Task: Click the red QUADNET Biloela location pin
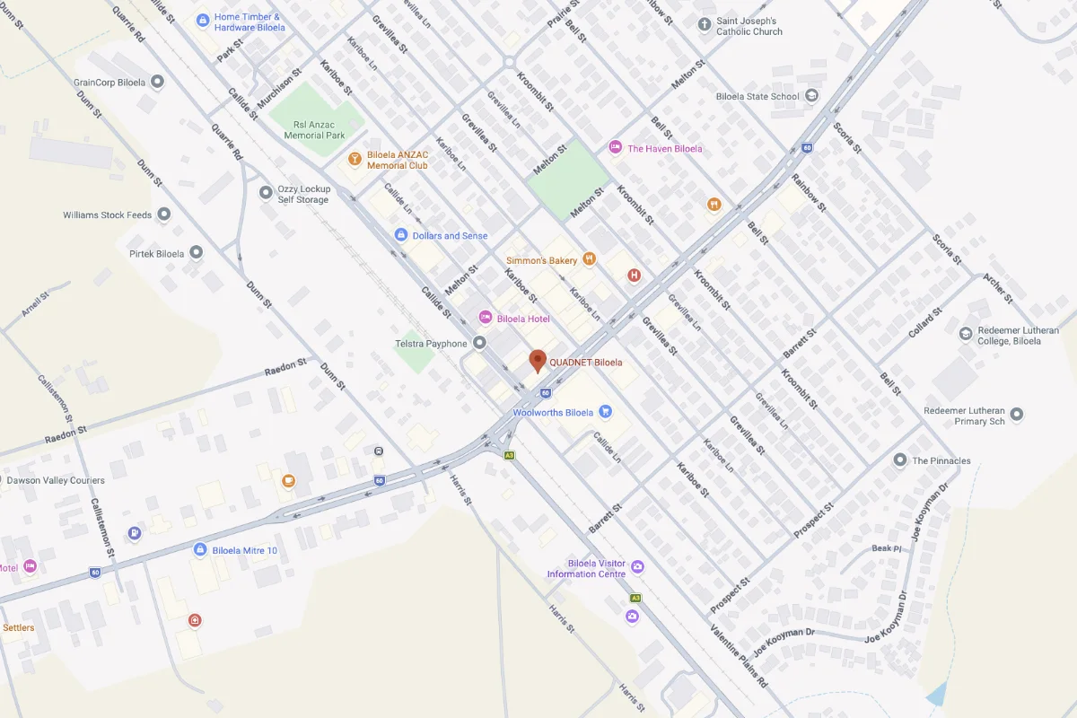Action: (538, 360)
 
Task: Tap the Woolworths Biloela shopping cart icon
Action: (605, 412)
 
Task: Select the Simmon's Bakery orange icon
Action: (590, 259)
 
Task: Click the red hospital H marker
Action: (635, 276)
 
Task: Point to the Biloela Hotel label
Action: (523, 319)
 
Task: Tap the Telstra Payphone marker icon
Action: (479, 343)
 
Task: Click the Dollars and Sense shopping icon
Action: (401, 235)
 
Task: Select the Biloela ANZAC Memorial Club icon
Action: (355, 160)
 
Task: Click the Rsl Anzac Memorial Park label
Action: (314, 130)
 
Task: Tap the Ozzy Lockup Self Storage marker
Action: (266, 193)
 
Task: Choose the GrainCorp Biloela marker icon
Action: (158, 83)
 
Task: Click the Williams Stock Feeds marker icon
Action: (163, 215)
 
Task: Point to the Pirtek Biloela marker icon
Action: (196, 253)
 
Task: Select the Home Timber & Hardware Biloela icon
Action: (203, 20)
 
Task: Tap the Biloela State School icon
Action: (811, 96)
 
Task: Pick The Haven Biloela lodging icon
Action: (616, 147)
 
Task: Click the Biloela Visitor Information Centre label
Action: (586, 568)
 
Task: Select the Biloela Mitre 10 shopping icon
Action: (200, 549)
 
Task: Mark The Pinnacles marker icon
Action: (900, 460)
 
